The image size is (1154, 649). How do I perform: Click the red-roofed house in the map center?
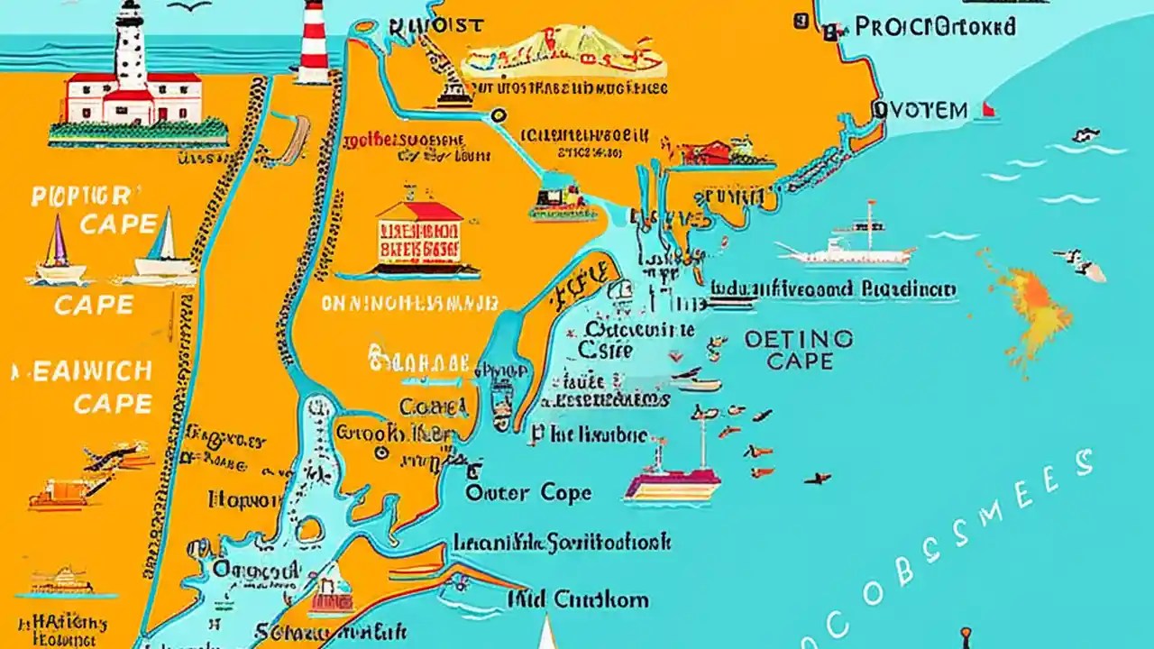(x=419, y=233)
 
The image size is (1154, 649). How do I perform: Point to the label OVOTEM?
(x=920, y=111)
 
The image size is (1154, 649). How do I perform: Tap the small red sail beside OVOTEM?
(x=988, y=110)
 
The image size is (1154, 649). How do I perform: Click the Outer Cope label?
(x=528, y=492)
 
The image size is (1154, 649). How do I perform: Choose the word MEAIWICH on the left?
(x=83, y=371)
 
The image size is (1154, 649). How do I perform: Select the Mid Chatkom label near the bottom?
(x=577, y=599)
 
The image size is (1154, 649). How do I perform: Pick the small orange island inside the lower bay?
(x=308, y=530)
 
